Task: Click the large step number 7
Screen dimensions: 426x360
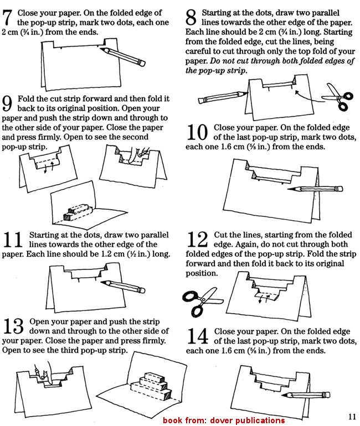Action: pos(9,18)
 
